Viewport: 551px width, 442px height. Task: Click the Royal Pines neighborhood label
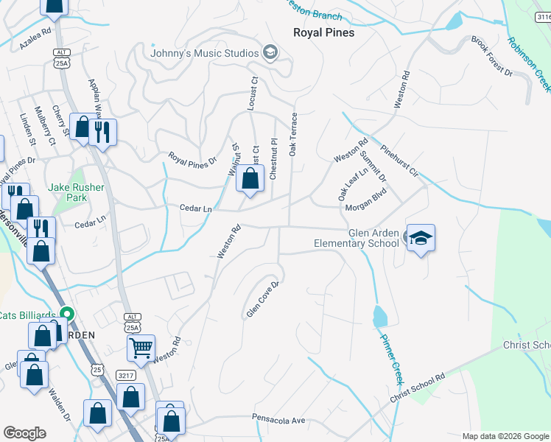323,32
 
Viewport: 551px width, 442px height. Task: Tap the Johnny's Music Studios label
204,53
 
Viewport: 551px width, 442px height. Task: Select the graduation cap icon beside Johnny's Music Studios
270,52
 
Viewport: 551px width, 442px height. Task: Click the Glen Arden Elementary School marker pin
421,239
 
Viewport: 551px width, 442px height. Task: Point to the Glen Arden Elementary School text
357,238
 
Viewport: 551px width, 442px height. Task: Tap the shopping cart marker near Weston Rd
141,346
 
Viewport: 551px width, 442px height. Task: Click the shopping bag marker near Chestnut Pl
250,179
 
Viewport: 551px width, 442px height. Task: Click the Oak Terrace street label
293,134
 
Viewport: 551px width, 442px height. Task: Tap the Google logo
25,433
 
